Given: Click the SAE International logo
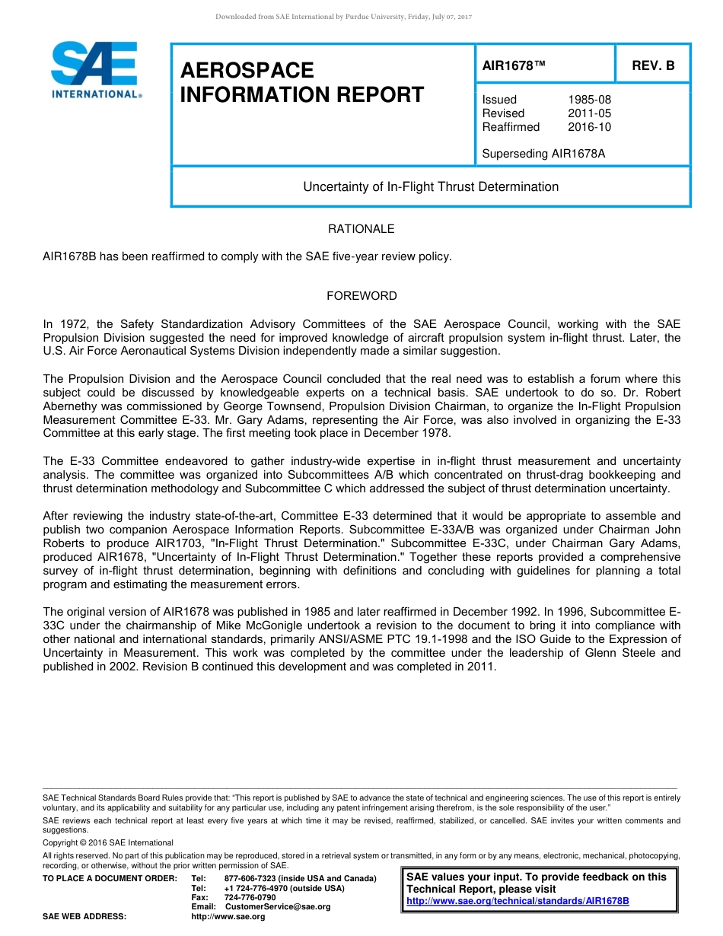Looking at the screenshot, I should coord(95,70).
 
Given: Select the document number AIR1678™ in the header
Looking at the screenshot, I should coord(514,66).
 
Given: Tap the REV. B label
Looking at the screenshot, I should coord(653,66).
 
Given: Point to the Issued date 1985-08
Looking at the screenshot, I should coord(589,100).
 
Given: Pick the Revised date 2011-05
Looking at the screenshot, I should coord(589,113).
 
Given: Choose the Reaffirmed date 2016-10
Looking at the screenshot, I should coord(589,127).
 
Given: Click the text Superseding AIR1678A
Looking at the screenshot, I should coord(543,154).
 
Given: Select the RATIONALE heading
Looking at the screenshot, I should coord(361,229).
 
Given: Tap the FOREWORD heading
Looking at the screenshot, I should coord(361,296).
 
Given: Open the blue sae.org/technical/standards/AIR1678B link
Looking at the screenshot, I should coord(518,901).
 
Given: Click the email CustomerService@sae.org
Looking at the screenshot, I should coord(278,906).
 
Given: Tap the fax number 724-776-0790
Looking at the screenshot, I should coord(250,897).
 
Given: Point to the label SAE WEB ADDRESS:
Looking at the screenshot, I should coord(84,916).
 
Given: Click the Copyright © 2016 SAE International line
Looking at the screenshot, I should coord(108,842).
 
